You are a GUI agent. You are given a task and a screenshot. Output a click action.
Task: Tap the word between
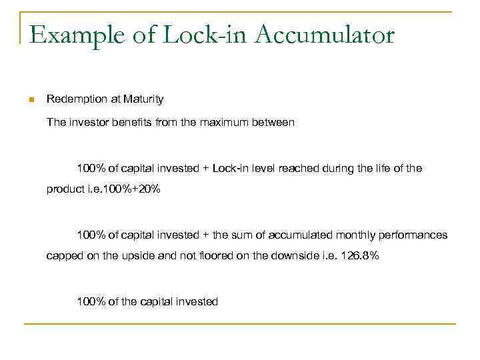273,123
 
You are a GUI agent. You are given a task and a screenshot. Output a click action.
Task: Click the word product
65,189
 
